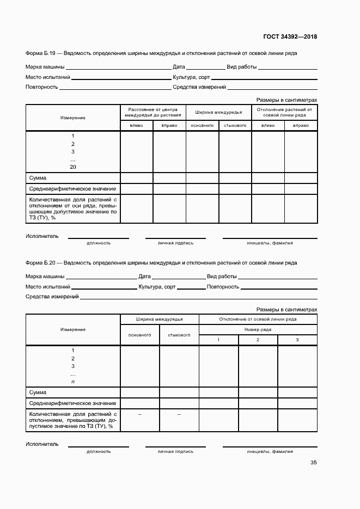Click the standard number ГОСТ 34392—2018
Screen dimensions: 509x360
click(290, 37)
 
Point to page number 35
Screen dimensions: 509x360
click(313, 463)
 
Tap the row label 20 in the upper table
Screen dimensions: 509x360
click(73, 167)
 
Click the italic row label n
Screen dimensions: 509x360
click(73, 382)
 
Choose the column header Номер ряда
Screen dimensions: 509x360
click(258, 329)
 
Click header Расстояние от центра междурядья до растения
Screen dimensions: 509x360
click(152, 113)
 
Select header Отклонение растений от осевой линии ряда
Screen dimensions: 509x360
click(284, 113)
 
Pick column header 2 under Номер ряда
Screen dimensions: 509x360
click(258, 340)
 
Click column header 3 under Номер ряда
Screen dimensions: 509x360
click(297, 340)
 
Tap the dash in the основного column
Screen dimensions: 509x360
click(140, 415)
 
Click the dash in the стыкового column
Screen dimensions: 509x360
click(179, 415)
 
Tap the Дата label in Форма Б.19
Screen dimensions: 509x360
click(179, 68)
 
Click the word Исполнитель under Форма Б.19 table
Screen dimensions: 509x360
click(42, 236)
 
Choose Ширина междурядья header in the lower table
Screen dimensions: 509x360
click(160, 319)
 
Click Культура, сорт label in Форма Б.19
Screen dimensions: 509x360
click(191, 77)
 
